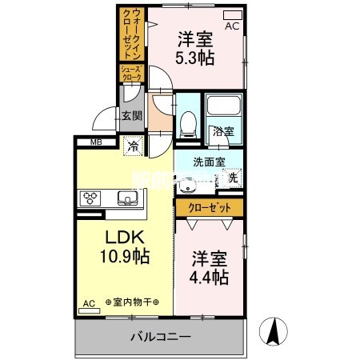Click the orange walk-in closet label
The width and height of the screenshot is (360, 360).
tap(132, 34)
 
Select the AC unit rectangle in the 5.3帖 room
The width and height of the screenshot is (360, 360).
tap(232, 14)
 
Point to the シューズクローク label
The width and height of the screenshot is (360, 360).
tap(131, 73)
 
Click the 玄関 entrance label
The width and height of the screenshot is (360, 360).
tap(131, 116)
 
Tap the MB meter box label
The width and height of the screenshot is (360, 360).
tap(96, 143)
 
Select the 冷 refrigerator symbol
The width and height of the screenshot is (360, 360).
tap(133, 146)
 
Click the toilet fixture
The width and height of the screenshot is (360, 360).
tap(189, 122)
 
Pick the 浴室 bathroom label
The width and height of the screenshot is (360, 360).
tap(222, 132)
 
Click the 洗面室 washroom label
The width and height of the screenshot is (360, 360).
tap(209, 161)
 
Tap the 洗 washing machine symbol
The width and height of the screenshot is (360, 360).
tap(233, 178)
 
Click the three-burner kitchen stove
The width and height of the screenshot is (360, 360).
tap(89, 197)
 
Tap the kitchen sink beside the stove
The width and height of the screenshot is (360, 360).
tap(126, 197)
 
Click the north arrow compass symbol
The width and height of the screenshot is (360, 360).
tap(274, 332)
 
